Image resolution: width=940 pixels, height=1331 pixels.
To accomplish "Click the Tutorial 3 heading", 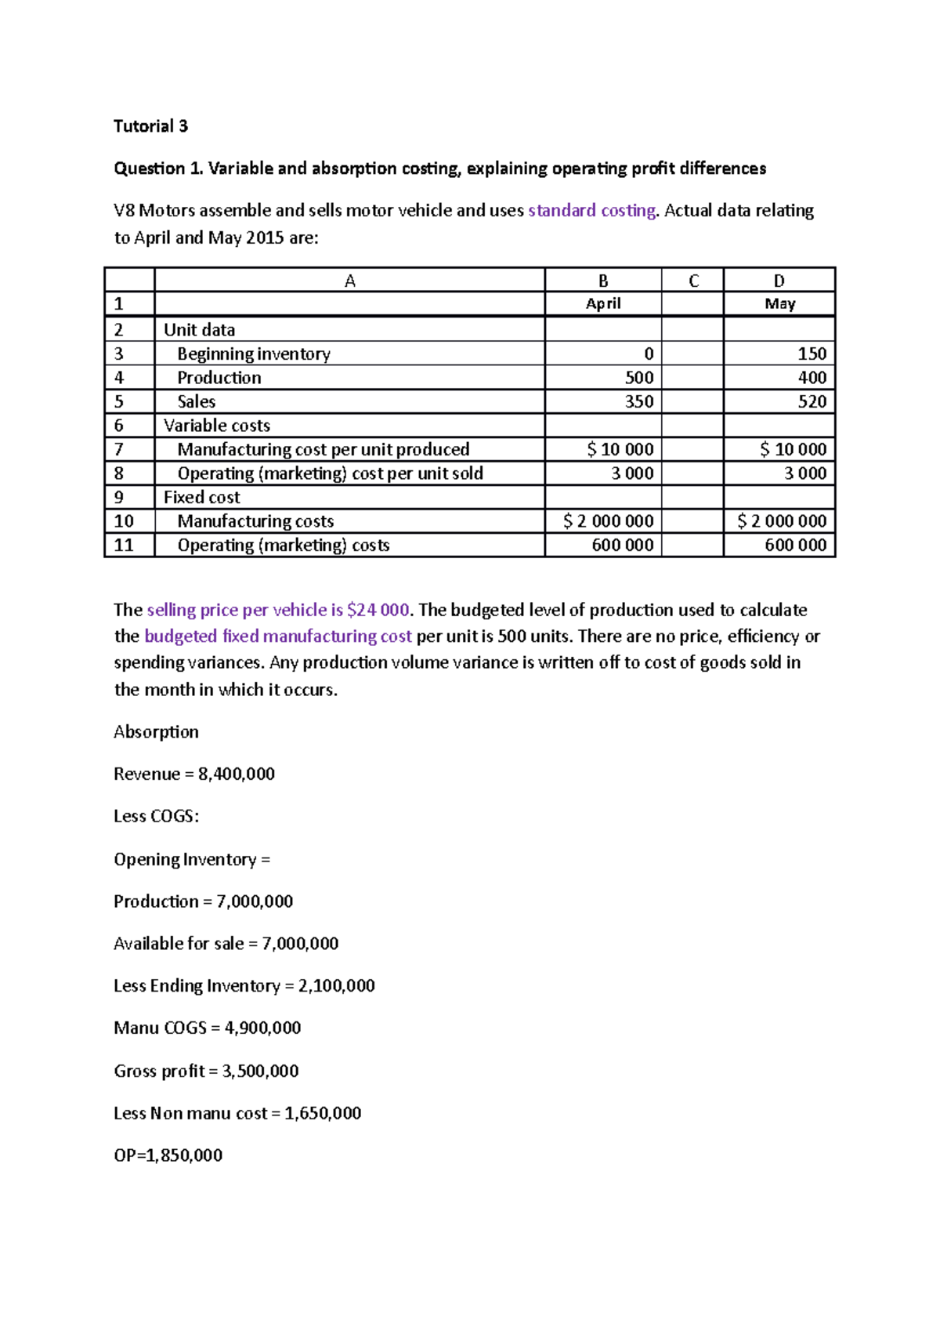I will click(150, 126).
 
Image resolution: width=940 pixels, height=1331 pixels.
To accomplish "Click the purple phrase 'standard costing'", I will click(591, 210).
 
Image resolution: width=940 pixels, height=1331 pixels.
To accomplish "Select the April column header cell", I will click(602, 303).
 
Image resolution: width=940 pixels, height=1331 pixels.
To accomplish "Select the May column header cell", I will click(779, 303).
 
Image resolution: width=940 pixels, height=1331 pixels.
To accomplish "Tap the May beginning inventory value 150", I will click(812, 354).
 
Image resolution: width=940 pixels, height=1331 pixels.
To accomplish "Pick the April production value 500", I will click(638, 377).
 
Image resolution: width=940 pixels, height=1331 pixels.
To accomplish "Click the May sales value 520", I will click(812, 401).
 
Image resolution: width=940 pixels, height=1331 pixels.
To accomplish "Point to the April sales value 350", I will click(638, 401).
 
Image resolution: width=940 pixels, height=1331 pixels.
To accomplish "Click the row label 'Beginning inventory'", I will click(253, 354).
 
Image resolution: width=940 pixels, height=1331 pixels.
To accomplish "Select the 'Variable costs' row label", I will click(216, 426).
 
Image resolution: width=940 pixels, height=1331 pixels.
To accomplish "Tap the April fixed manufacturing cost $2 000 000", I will click(608, 521).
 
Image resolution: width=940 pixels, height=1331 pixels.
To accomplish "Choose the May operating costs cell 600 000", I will click(795, 545).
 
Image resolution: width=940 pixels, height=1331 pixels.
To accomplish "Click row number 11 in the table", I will click(124, 545).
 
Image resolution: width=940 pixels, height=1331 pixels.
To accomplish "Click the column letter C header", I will click(692, 281).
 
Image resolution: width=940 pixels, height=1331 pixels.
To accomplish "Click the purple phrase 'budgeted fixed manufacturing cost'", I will click(277, 636).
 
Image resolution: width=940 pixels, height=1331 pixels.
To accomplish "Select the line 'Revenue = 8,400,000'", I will click(193, 774).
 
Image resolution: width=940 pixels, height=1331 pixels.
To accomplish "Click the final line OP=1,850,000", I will click(168, 1155).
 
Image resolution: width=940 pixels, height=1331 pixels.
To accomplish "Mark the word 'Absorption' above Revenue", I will click(156, 731).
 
